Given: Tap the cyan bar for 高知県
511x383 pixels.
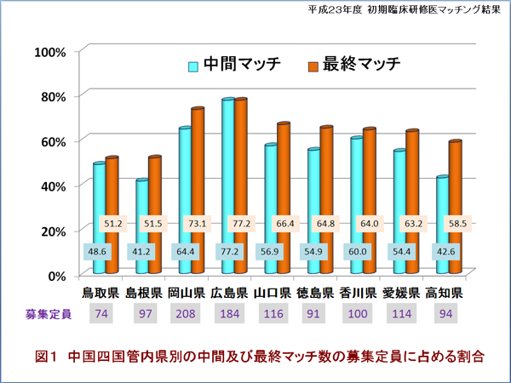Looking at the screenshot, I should (442, 213).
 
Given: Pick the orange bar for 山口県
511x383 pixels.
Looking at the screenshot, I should (284, 170).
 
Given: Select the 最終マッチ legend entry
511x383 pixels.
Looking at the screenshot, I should (353, 65).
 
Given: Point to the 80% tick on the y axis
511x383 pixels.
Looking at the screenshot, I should (49, 95).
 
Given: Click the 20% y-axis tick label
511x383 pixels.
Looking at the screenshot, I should (49, 231).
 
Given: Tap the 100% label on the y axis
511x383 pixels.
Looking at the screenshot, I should (48, 51).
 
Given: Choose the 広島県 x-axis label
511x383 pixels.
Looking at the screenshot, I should (228, 293).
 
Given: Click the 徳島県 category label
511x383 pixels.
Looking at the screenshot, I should (314, 293).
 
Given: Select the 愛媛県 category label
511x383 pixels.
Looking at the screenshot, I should (400, 293).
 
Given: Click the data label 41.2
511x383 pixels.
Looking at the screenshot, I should (141, 252).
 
